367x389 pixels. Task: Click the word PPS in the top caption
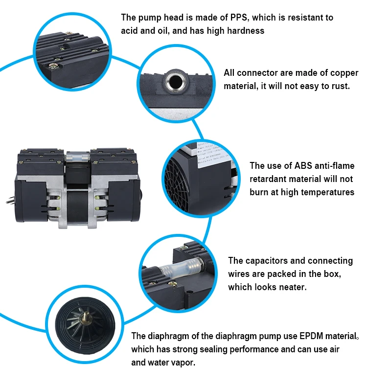[x=239, y=18]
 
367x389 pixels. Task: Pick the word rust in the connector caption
[x=339, y=86]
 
